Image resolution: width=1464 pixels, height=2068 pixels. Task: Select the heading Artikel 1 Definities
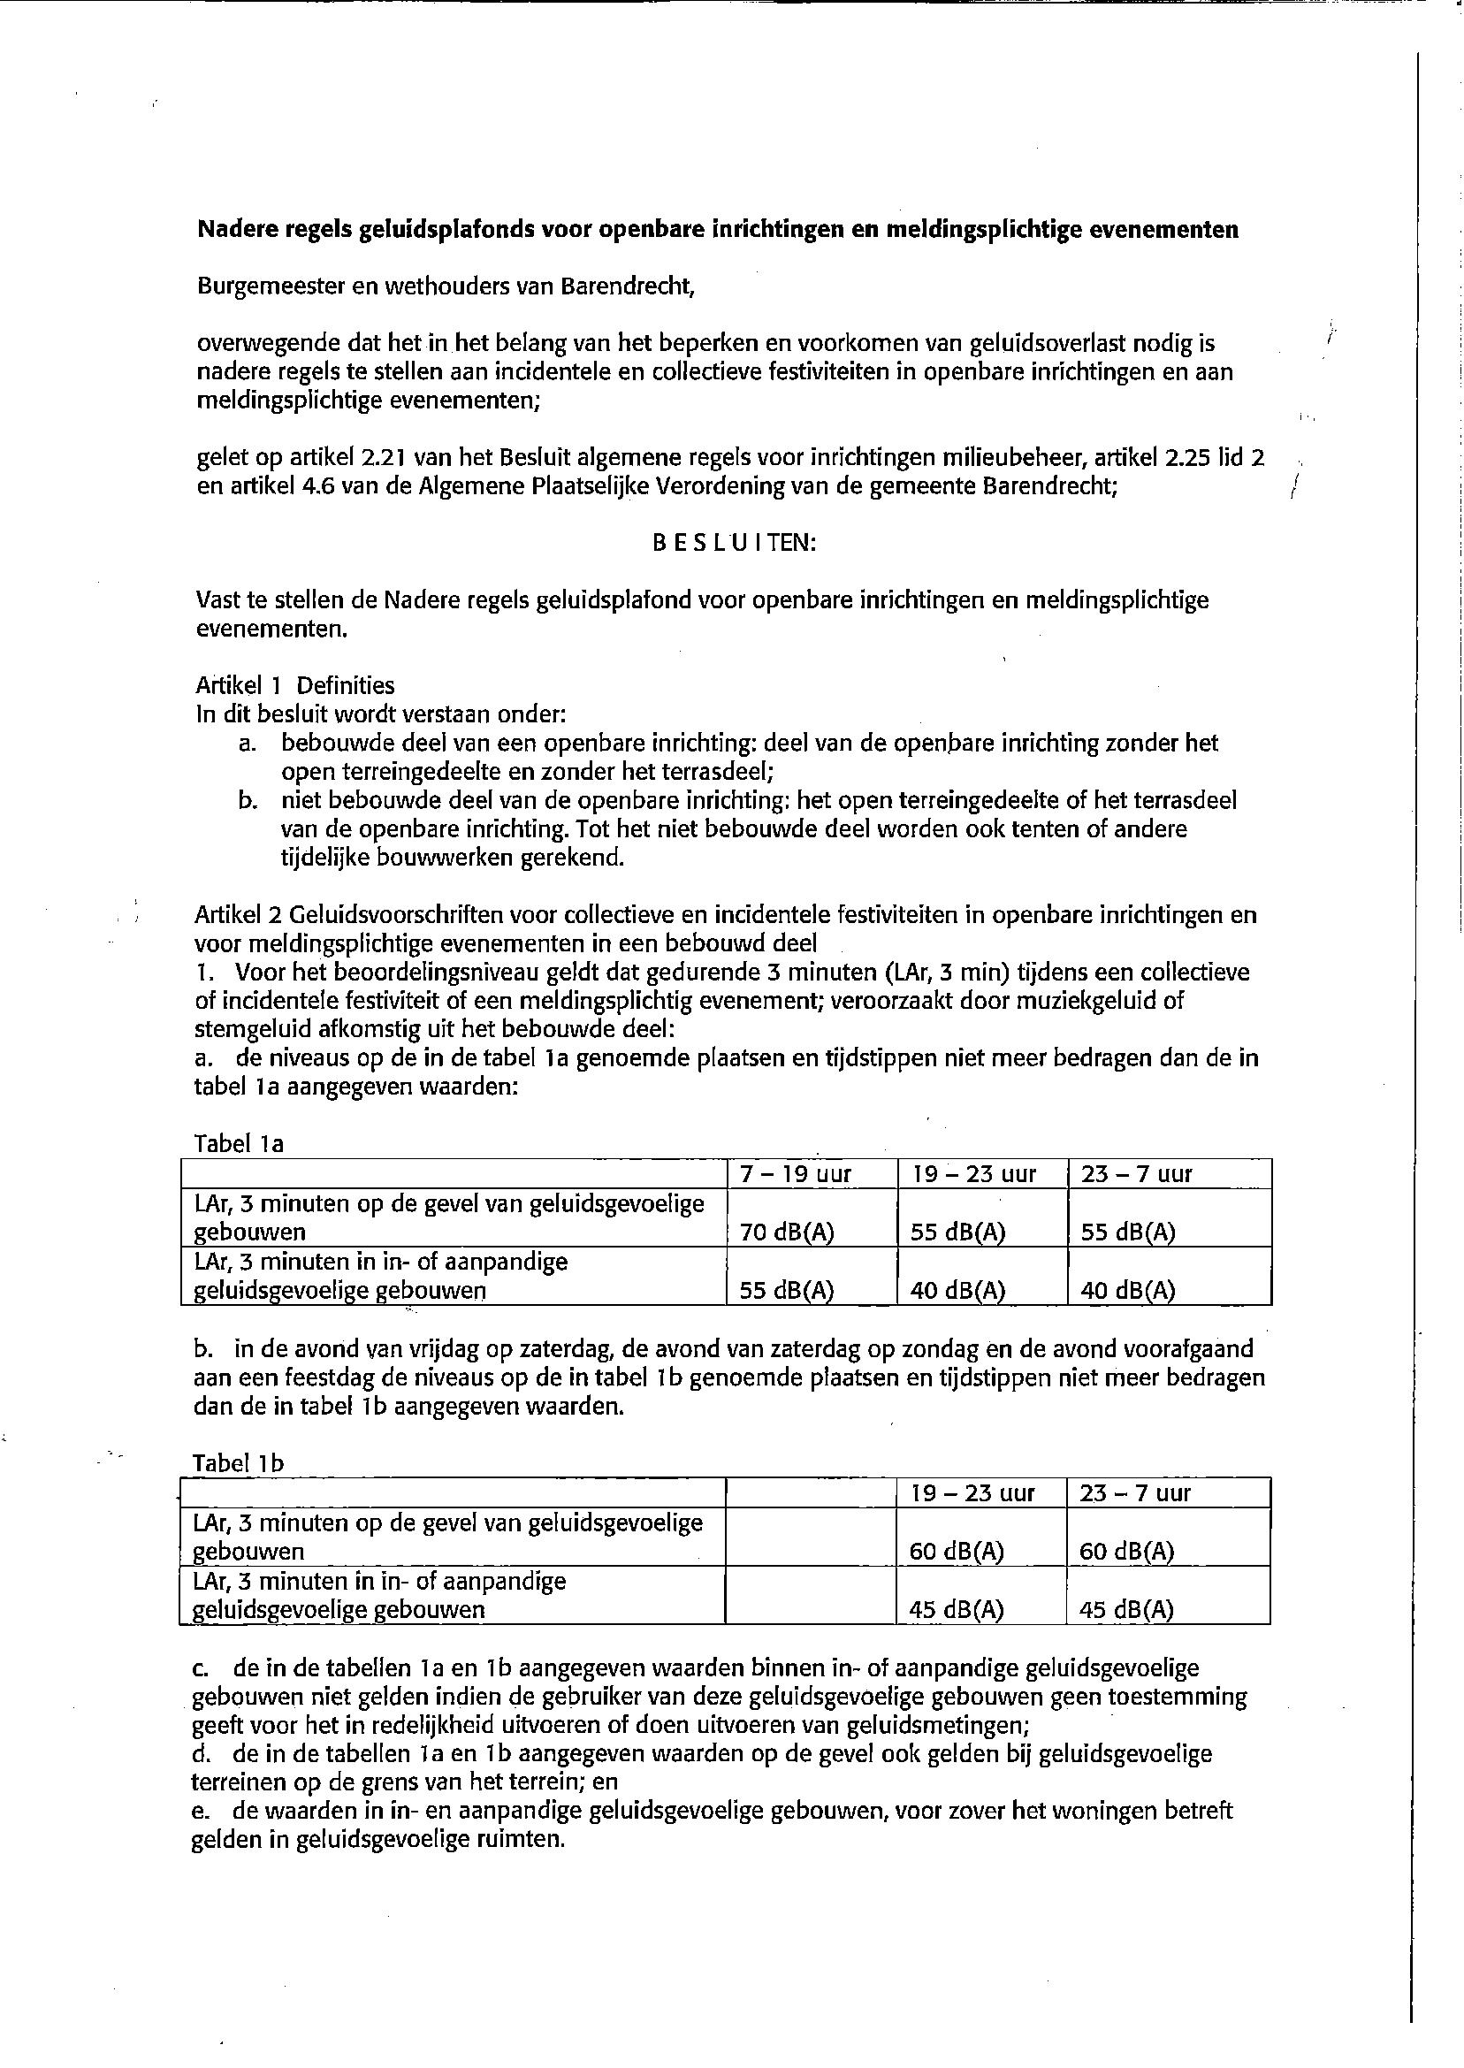(295, 686)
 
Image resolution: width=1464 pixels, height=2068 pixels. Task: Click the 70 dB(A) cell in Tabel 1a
(786, 1232)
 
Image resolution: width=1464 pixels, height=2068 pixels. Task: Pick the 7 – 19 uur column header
(795, 1175)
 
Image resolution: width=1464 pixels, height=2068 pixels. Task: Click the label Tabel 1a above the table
(239, 1144)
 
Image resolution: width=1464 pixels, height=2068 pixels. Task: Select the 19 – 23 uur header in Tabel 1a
(973, 1175)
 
